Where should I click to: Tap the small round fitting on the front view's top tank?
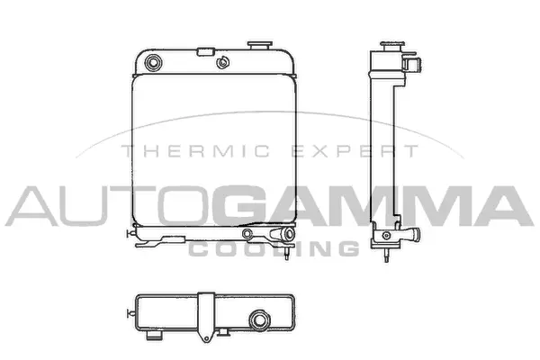(220, 63)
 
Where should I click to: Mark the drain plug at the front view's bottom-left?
(135, 236)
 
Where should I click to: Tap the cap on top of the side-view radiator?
(391, 43)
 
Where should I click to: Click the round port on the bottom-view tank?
(262, 319)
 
